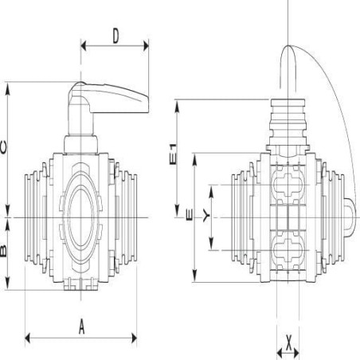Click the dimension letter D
point(115,36)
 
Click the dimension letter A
point(82,327)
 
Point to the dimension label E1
point(173,155)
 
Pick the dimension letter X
point(288,342)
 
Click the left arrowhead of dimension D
point(84,45)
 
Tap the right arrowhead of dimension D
point(146,45)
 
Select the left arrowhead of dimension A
point(28,338)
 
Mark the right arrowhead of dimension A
point(134,338)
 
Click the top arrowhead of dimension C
point(8,88)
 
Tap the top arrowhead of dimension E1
point(177,106)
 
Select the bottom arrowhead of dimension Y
point(211,244)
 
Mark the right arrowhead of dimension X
point(296,354)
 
